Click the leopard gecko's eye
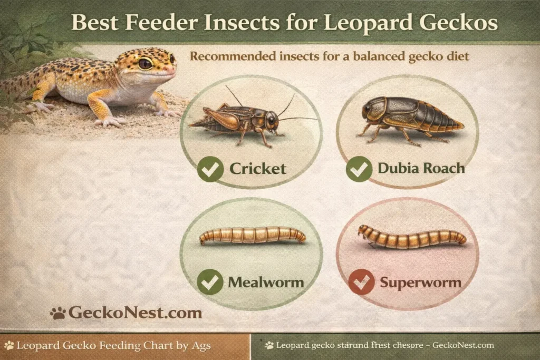pos(145,64)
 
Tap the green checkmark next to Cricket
pos(210,169)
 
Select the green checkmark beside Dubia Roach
pos(359,169)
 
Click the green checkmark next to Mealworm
pos(210,282)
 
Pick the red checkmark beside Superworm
pos(361,282)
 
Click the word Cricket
pos(258,169)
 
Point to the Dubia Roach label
pos(421,169)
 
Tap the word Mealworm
pos(266,282)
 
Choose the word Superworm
pos(421,283)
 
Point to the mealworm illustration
pos(253,235)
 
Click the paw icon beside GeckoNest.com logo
pos(57,313)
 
